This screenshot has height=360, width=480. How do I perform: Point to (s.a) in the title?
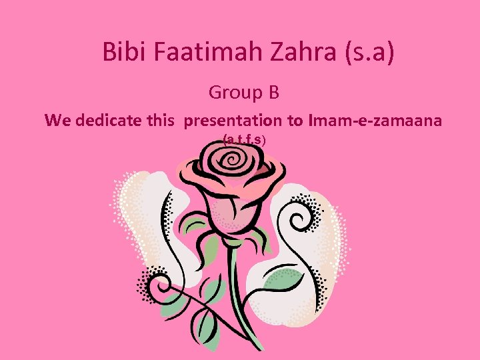coord(369,53)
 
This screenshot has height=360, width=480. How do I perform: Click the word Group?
coord(233,93)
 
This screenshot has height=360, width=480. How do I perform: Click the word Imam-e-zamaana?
coord(375,121)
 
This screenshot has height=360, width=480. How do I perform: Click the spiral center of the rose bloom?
coord(234,160)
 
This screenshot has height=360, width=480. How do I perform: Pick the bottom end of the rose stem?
coord(258,347)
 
